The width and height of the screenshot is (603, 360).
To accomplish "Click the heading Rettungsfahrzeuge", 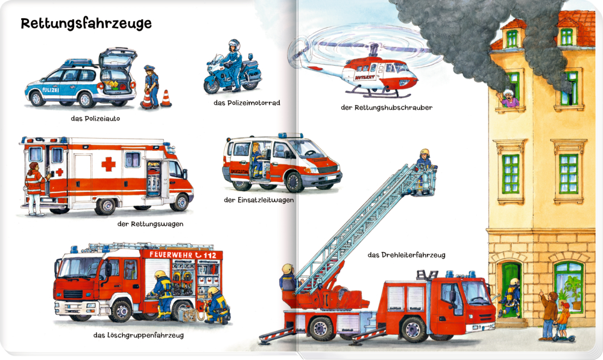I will (86, 24).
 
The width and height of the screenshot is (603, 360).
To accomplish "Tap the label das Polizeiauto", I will (95, 119).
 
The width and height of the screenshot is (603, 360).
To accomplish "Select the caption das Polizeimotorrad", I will (247, 103).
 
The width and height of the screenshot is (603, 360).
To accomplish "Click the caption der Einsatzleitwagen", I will (258, 200).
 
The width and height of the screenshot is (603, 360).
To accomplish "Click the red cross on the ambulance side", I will (108, 164).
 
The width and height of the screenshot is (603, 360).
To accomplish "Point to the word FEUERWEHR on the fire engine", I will (170, 255).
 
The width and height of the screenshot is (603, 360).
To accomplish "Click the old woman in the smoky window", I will (510, 98).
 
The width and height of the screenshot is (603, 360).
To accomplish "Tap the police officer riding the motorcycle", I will (233, 60).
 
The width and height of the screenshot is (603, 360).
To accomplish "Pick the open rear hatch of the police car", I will (118, 57).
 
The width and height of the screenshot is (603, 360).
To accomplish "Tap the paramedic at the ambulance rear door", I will (35, 187).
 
